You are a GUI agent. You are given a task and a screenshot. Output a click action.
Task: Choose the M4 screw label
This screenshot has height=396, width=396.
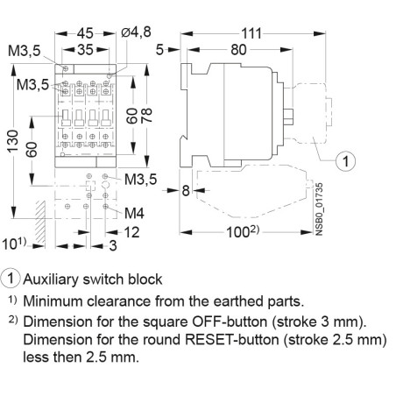[134, 213]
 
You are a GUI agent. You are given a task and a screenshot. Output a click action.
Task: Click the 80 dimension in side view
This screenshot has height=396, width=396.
[237, 50]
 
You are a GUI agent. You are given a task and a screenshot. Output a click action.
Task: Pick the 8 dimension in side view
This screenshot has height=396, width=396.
[186, 190]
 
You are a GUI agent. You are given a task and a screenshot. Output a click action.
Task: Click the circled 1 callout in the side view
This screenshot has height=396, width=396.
[346, 161]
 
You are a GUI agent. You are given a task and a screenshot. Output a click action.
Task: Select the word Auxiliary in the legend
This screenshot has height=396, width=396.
[53, 279]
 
